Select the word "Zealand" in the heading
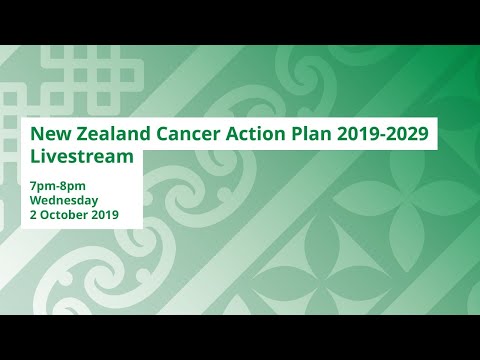[x=110, y=134]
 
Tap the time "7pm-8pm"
[x=59, y=186]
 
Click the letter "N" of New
[x=37, y=134]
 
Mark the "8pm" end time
[x=74, y=186]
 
